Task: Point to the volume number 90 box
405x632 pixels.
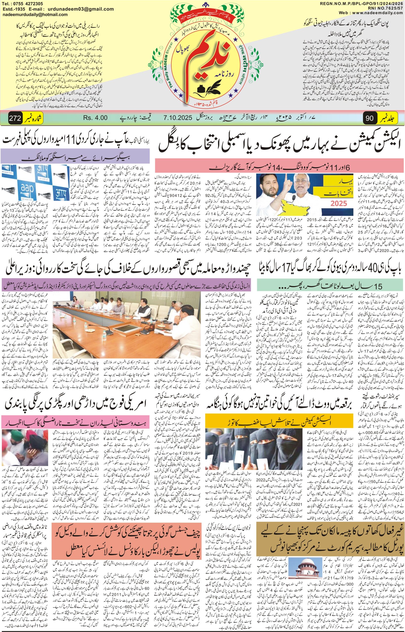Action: [369, 118]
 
